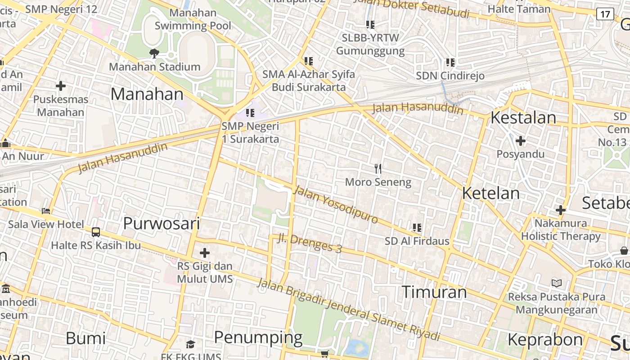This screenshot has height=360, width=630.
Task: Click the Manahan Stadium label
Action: coord(154,67)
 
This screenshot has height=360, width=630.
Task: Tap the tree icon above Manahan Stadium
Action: coord(154,54)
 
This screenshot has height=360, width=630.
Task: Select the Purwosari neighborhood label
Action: coord(161,223)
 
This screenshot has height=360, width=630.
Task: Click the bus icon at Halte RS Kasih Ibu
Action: coord(96,232)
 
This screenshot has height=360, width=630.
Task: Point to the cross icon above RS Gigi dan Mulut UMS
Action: coord(205,253)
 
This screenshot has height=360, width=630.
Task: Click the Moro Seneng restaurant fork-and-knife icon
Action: coord(378,169)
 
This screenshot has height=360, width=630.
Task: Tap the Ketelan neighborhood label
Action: coord(490,193)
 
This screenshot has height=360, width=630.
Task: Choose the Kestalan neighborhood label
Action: coord(523,117)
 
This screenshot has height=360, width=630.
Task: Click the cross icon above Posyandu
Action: coord(521,141)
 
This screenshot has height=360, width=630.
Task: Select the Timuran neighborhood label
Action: coord(434,292)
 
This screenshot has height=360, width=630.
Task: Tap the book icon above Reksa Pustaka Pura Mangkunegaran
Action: coord(557,283)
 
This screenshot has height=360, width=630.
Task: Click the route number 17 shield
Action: coord(605,14)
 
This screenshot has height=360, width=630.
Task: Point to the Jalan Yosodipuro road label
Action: coord(336,205)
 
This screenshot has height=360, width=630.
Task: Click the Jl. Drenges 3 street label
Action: coord(309,243)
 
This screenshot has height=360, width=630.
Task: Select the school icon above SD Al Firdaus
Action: coord(417,228)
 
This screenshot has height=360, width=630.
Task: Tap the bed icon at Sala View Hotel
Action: coord(46,211)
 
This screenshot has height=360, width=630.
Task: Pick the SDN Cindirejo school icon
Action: coord(450,63)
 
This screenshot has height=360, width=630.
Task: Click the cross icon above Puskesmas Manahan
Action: coord(61,85)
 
